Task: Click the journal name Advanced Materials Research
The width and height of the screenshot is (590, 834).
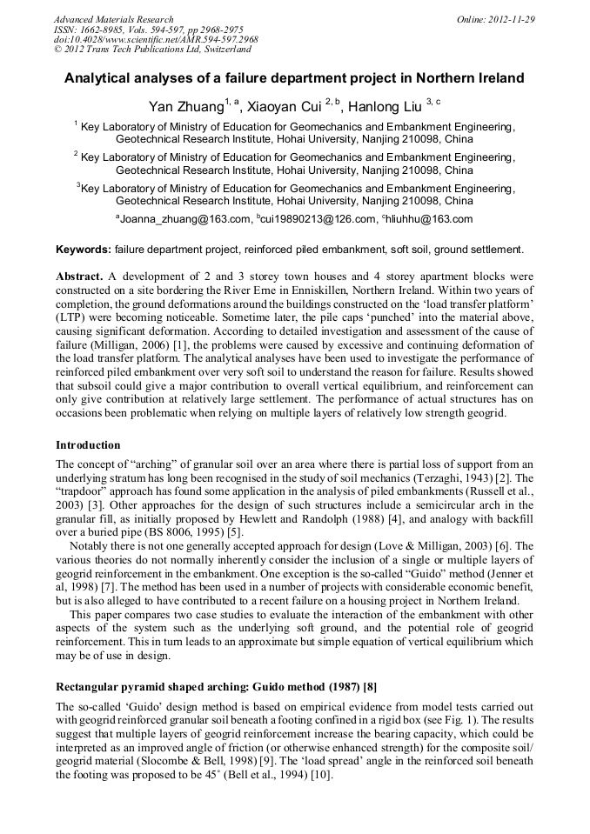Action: click(x=113, y=19)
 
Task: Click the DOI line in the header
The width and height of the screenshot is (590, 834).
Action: click(x=156, y=40)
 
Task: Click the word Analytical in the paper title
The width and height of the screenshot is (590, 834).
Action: click(x=98, y=78)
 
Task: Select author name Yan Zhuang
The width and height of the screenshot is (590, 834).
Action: click(x=186, y=108)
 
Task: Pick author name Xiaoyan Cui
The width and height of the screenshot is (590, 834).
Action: click(x=285, y=108)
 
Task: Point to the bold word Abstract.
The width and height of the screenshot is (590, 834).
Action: click(x=80, y=276)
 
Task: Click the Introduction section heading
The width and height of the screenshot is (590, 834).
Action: click(x=88, y=445)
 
